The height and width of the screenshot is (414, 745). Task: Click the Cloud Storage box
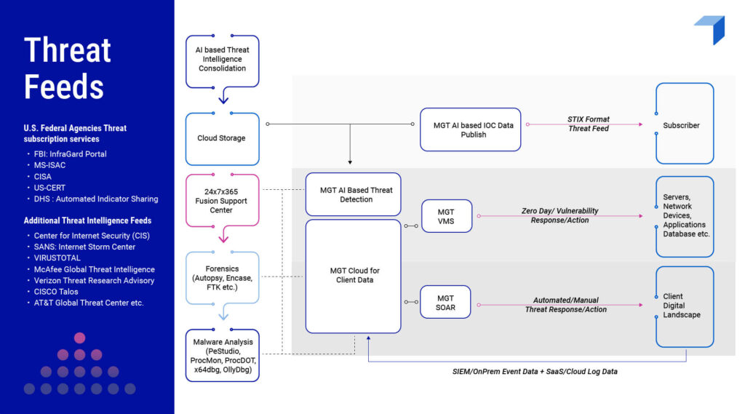(x=222, y=138)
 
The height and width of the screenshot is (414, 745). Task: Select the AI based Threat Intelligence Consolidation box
(x=222, y=59)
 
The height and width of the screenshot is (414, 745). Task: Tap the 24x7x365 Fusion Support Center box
(x=222, y=200)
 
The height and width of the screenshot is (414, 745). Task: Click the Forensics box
(x=222, y=277)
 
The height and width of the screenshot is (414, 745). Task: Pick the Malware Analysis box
(x=222, y=356)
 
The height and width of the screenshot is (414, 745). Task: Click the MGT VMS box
(x=446, y=216)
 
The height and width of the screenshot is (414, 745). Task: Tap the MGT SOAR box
(x=445, y=303)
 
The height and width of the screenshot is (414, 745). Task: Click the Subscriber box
(x=684, y=125)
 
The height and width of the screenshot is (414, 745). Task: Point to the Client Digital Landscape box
(x=684, y=306)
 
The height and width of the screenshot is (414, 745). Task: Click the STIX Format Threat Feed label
(x=588, y=124)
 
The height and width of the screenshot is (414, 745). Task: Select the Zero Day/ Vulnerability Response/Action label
(x=559, y=215)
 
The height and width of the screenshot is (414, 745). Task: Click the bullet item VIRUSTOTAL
(x=57, y=258)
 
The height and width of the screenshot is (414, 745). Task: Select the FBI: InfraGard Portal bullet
(x=70, y=154)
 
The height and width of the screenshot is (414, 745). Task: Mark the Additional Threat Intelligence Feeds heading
(x=87, y=220)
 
